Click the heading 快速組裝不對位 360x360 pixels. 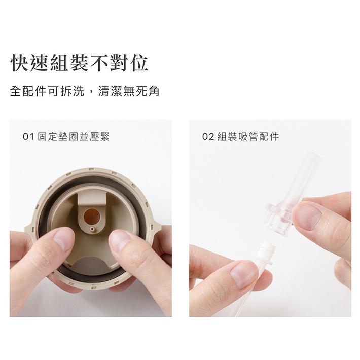[x=80, y=63]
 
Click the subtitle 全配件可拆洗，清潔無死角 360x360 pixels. [x=85, y=91]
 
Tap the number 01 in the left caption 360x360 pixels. [x=28, y=137]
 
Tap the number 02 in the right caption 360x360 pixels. [x=208, y=137]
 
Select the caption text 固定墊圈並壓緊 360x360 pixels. [x=74, y=137]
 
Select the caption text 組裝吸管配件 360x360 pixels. [x=248, y=137]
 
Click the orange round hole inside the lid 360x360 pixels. [x=91, y=217]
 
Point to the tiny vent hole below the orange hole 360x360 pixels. [x=92, y=229]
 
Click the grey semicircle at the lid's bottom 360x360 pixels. [x=91, y=264]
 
